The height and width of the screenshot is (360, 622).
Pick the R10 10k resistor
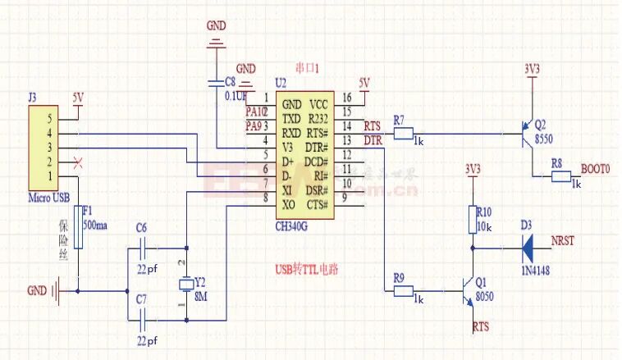pyautogui.click(x=472, y=220)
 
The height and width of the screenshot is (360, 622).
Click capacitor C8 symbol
pyautogui.click(x=216, y=83)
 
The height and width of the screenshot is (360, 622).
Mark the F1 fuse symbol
pyautogui.click(x=79, y=227)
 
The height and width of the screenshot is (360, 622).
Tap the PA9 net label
pyautogui.click(x=254, y=125)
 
